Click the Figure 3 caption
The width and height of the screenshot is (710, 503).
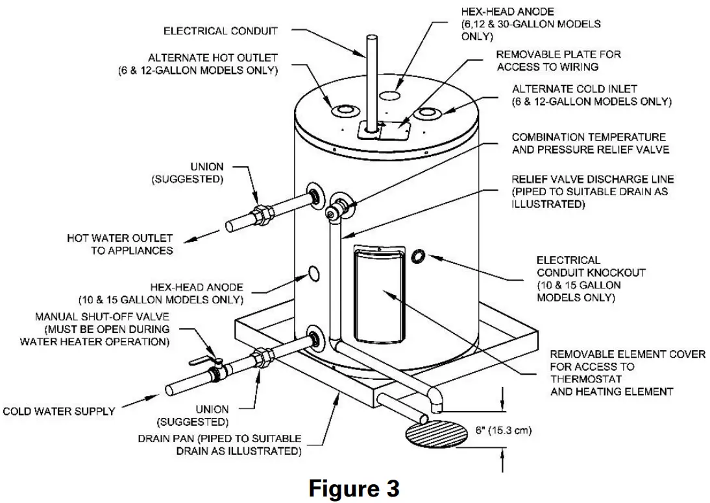click(x=354, y=488)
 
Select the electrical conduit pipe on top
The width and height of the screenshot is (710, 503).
click(x=371, y=84)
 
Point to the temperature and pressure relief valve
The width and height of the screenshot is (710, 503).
click(x=339, y=207)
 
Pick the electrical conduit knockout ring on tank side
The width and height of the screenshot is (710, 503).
click(x=419, y=257)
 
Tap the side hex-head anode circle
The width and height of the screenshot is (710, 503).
click(x=313, y=274)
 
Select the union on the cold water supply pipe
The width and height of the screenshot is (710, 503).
click(x=263, y=357)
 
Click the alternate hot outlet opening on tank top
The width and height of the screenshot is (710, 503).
click(x=342, y=111)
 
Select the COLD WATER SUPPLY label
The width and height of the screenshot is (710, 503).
click(x=59, y=411)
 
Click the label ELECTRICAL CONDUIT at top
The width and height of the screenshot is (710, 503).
click(x=220, y=30)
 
